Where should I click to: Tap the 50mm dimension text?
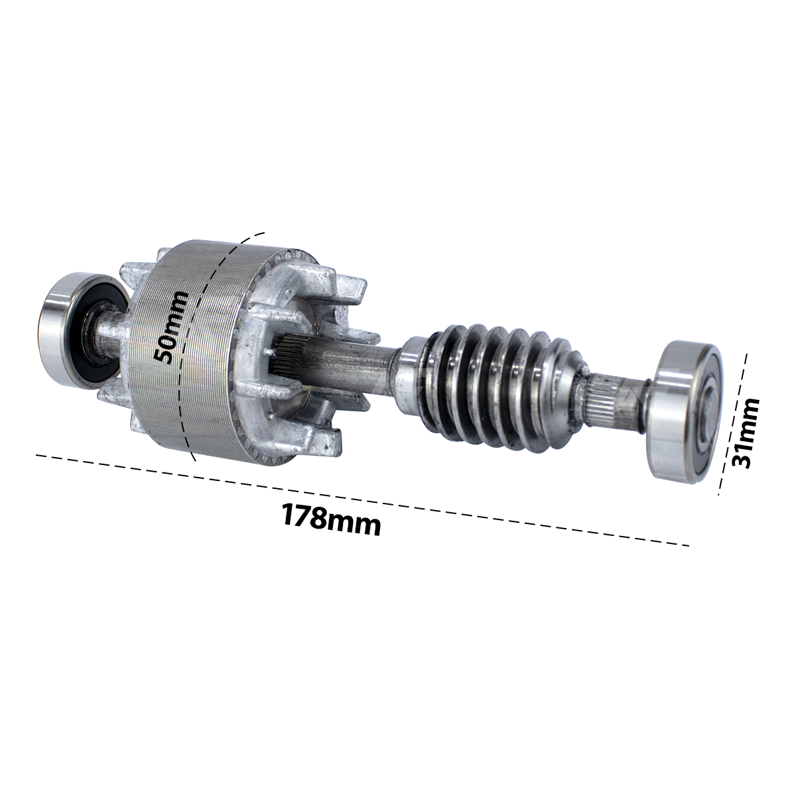[x=170, y=327]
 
